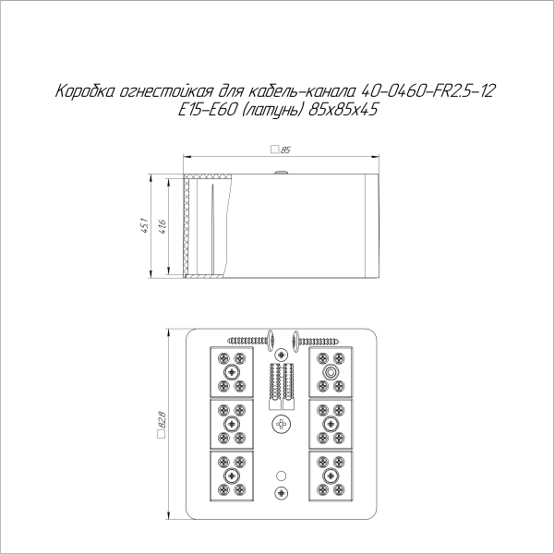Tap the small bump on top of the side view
[x=280, y=170]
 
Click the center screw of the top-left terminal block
[x=231, y=371]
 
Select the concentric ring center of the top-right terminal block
[x=330, y=371]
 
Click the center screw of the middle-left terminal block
[x=231, y=424]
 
